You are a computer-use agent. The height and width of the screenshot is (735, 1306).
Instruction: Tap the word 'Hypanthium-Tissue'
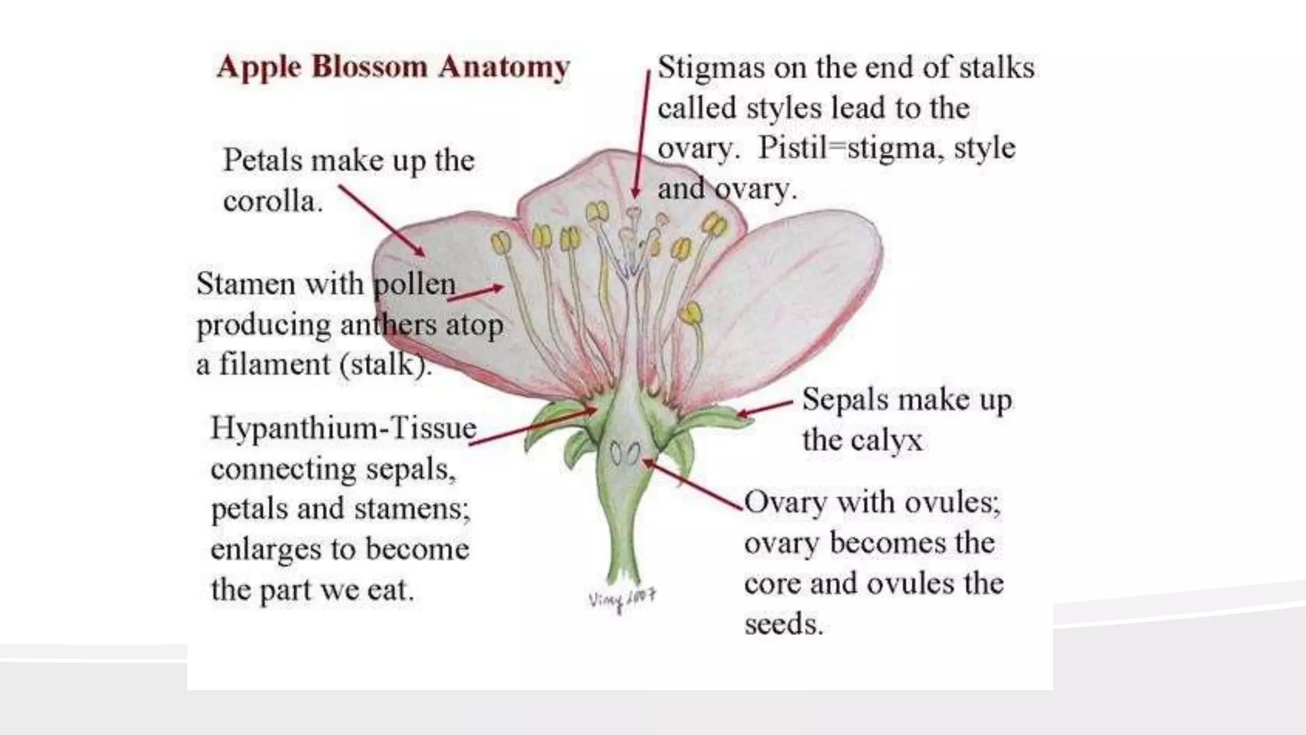coord(344,427)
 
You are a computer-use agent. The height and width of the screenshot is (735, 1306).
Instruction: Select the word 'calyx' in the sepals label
coord(862,441)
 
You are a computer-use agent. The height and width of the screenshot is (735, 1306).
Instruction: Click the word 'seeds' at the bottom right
coord(784,623)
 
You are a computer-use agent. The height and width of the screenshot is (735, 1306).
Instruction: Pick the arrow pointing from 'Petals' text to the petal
coord(381,220)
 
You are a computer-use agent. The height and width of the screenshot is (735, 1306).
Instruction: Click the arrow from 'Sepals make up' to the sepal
coord(764,408)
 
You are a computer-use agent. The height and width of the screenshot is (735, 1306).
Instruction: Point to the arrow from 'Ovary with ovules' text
coord(693,484)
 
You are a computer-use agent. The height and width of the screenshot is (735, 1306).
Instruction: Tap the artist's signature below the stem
coord(622,600)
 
